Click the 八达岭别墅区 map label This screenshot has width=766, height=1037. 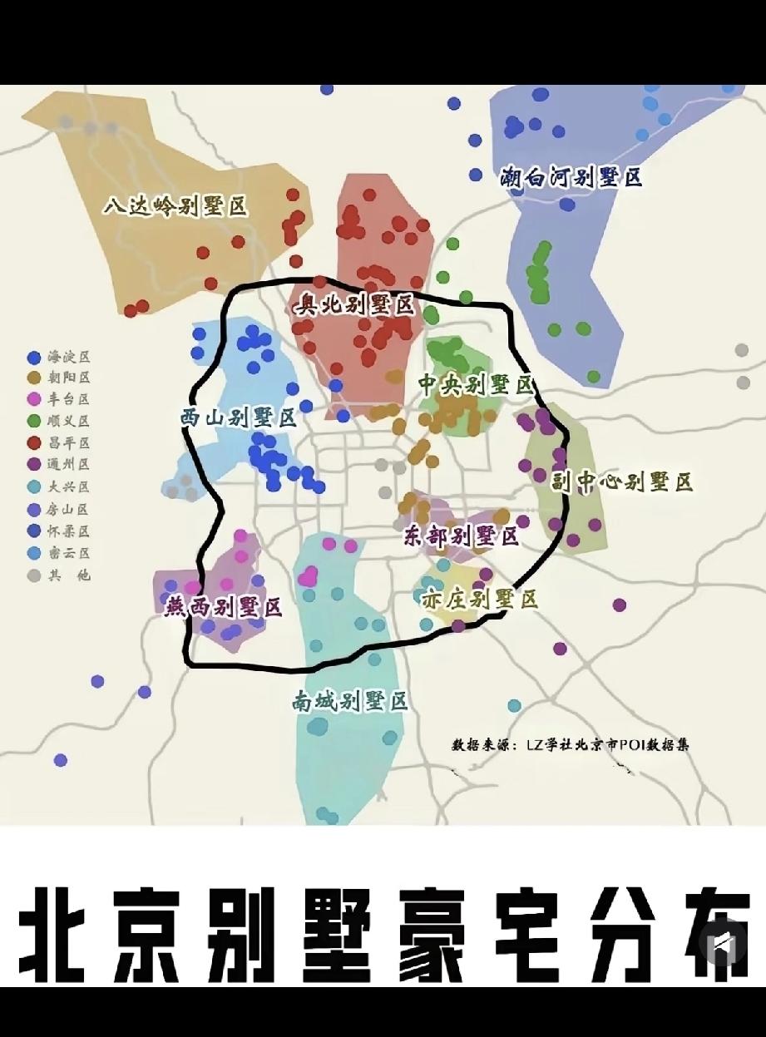175,206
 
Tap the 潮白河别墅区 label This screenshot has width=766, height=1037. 571,177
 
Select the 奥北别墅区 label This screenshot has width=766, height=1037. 354,305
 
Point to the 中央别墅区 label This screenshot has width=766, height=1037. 475,384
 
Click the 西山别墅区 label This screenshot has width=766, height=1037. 239,417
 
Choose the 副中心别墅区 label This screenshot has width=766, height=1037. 622,482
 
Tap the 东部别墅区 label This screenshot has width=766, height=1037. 461,536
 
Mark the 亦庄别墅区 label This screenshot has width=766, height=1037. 479,598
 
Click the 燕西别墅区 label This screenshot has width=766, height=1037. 224,607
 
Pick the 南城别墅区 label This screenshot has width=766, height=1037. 350,702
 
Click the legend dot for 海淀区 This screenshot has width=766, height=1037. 34,357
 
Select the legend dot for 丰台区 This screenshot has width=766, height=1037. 34,400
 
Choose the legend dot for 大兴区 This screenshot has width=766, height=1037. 34,487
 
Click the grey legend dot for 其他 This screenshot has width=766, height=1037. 34,575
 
